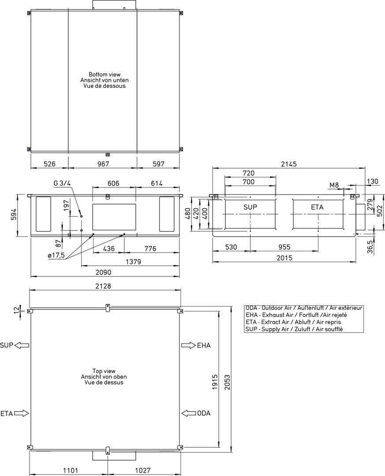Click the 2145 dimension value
[289, 164]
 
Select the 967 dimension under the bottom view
[103, 164]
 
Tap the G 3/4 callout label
[62, 183]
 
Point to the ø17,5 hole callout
[56, 255]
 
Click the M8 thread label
[334, 185]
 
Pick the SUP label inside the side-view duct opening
[250, 207]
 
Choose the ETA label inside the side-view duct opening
[317, 207]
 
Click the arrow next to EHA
[189, 345]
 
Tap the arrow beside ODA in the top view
[189, 413]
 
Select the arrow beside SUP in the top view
[22, 345]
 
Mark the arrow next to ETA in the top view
[21, 413]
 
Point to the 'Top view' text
[104, 371]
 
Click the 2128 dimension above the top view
[103, 286]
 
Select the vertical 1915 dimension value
[215, 382]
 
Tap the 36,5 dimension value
[370, 246]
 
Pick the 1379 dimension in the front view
[133, 261]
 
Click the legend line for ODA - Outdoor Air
[304, 308]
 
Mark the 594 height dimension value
[12, 216]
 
